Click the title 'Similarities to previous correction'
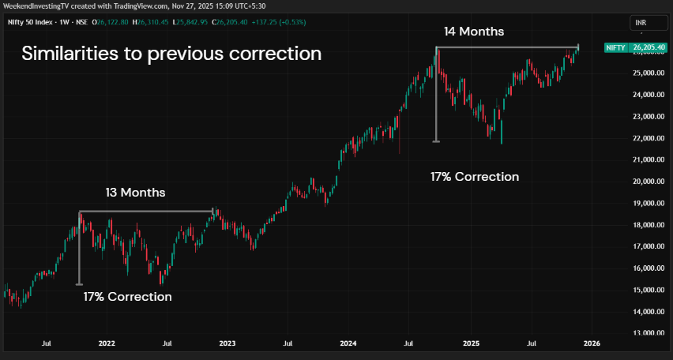point(171,54)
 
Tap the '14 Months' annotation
point(473,32)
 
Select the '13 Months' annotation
point(135,192)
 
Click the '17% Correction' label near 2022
point(127,297)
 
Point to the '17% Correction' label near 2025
point(475,177)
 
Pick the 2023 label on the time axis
point(227,343)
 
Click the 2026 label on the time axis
point(592,343)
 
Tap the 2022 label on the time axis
point(107,343)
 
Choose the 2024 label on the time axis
point(348,343)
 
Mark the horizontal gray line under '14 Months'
point(506,48)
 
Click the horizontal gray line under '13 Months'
point(146,211)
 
